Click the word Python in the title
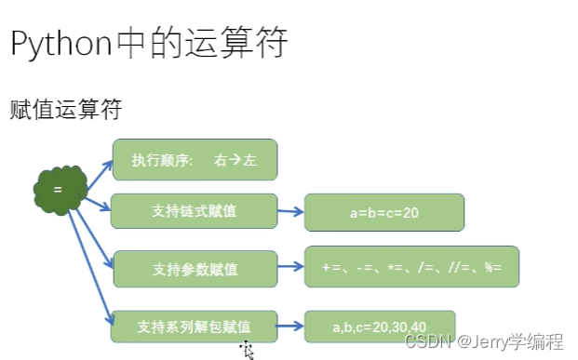[x=61, y=44]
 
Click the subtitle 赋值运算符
[x=65, y=109]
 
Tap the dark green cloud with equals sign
[x=60, y=190]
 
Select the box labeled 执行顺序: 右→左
[x=195, y=160]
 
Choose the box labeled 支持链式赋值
[x=195, y=211]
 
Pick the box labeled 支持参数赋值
[x=195, y=269]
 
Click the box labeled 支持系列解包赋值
[x=195, y=327]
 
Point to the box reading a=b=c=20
[x=384, y=213]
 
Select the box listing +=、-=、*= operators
[x=411, y=267]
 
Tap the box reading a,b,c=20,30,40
[x=380, y=327]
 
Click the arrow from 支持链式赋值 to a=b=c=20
[x=290, y=211]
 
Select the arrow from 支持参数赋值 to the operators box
[x=290, y=266]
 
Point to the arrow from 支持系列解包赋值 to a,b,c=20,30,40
[x=290, y=326]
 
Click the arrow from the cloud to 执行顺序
[x=100, y=176]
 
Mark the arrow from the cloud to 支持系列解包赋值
[x=90, y=268]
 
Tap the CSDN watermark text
[x=484, y=341]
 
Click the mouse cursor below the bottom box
[x=248, y=350]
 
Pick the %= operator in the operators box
[x=493, y=267]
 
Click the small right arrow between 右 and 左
[x=235, y=160]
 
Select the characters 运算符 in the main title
[x=235, y=43]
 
